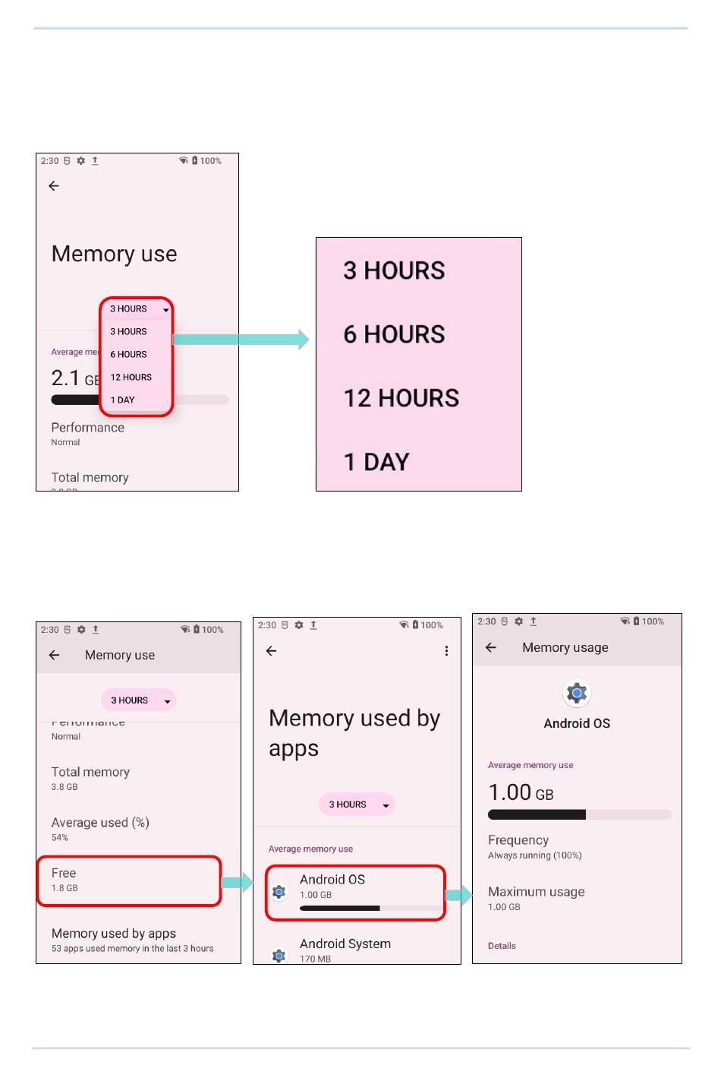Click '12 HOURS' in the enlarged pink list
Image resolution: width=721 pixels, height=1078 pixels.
coord(401,398)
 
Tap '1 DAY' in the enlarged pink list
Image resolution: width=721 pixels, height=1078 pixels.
coord(376,462)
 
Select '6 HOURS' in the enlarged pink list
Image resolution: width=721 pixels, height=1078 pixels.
coord(394,334)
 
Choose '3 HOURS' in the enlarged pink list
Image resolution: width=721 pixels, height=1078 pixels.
coord(394,270)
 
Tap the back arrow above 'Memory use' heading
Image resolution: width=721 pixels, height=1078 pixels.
coord(54,186)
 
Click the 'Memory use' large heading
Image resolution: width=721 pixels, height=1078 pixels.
coord(114,254)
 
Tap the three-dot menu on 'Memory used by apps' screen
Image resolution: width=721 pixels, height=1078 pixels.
coord(446,651)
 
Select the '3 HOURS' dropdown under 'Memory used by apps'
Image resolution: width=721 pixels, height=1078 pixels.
coord(357,805)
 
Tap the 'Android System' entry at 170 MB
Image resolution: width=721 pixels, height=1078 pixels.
coord(345,949)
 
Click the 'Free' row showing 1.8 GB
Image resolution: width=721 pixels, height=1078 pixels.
coord(129,880)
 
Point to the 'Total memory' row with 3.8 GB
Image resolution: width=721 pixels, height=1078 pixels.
coord(90,778)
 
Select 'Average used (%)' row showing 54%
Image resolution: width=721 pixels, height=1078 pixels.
coord(100,829)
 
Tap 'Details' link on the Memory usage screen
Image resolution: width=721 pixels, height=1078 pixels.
coord(502,946)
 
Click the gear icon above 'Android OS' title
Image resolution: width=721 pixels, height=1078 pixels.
coord(577,693)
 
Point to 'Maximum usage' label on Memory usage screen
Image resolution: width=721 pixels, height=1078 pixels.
coord(536,892)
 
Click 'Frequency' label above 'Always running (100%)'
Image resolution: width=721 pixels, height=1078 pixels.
coord(518,840)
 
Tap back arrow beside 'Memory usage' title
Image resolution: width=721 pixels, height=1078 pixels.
coord(491,648)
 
